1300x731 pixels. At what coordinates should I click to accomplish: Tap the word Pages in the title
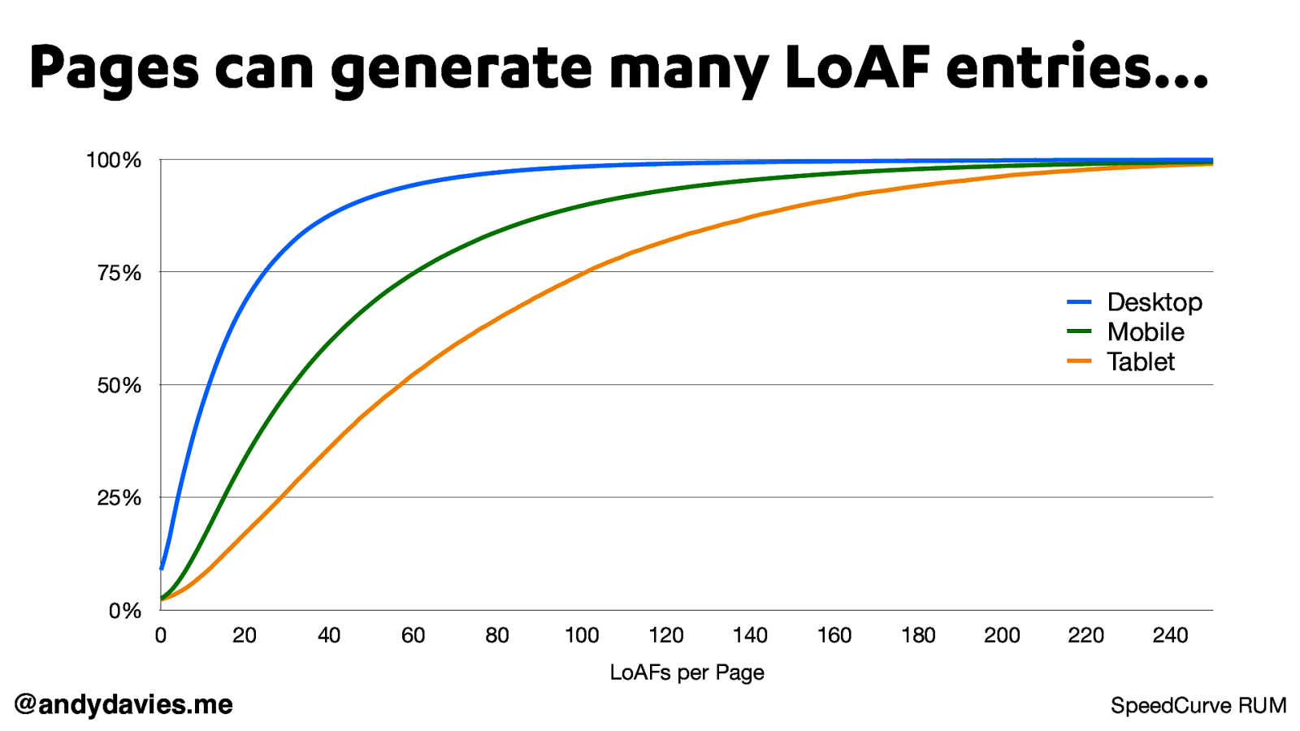114,68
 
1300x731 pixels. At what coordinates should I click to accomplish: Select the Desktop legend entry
1154,302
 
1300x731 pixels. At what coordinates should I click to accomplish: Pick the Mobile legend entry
1145,332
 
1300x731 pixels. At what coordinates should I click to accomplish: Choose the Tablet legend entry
1140,362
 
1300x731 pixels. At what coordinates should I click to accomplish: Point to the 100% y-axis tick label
114,161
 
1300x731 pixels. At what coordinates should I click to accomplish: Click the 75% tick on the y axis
119,273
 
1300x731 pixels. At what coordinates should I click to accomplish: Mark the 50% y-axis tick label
119,386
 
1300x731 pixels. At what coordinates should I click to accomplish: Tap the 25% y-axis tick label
119,498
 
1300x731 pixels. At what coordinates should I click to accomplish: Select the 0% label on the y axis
125,611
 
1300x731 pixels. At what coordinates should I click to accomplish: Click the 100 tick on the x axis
582,635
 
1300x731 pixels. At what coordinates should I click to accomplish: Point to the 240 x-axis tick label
1170,635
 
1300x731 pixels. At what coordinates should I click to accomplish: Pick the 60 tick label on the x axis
413,635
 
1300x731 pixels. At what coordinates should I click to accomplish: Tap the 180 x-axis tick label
918,635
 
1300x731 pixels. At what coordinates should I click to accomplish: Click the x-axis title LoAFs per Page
687,673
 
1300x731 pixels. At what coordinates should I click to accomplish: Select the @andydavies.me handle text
123,704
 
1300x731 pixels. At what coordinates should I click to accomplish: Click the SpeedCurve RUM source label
1198,706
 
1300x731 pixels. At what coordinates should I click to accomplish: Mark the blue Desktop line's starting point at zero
162,568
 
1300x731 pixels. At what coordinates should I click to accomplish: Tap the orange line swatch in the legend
1079,361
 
